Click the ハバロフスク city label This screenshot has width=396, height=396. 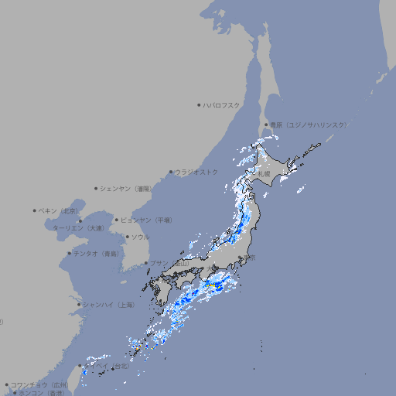point(223,104)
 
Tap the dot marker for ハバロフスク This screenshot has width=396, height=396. point(200,104)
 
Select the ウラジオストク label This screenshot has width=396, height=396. point(196,172)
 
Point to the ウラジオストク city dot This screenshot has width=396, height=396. point(171,172)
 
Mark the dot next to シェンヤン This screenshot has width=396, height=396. point(96,188)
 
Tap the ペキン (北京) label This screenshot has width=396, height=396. point(59,210)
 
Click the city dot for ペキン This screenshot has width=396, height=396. point(35,210)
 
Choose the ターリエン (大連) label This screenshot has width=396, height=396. point(78,228)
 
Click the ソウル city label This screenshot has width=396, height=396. point(140,237)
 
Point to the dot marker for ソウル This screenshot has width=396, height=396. point(127,237)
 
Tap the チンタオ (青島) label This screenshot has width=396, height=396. point(96,254)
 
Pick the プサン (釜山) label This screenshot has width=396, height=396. point(169,263)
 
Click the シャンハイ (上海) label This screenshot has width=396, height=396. point(108,305)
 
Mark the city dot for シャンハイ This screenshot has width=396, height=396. point(79,305)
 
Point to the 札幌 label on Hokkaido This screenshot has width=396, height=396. point(264,174)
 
